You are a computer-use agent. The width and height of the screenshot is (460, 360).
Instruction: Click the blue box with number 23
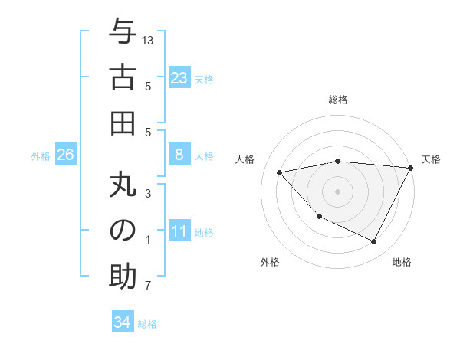pos(179,78)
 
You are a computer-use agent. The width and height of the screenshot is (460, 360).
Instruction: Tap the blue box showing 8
pos(179,155)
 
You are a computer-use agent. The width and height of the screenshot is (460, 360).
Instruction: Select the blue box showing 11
pos(179,232)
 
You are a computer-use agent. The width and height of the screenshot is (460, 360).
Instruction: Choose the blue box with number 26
pos(65,155)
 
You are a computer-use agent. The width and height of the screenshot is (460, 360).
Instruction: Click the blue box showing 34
pos(122,322)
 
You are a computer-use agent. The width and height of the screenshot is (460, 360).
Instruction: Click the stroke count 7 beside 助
pos(148,286)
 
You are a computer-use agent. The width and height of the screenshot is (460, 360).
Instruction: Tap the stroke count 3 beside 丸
pos(148,193)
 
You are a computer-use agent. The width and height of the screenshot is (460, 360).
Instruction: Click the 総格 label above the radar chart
pos(338,100)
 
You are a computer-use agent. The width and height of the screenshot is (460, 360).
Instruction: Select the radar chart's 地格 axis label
pos(402,263)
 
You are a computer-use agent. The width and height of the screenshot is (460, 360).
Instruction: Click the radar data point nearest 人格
pos(280,172)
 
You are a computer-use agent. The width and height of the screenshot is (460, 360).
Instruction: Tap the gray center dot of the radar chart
pos(337,191)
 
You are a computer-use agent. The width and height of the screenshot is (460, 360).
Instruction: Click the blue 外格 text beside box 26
pos(41,156)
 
